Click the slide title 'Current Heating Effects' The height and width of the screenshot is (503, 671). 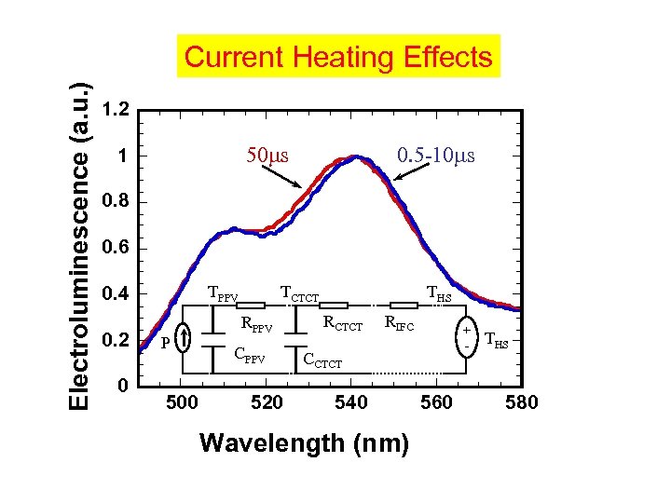pos(338,57)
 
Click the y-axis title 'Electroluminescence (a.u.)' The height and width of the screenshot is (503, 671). pos(81,244)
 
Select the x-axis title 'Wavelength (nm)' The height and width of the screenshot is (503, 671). pos(304,443)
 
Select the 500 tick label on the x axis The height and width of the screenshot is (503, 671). pos(181,401)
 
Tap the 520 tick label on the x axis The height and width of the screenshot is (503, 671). pos(267,401)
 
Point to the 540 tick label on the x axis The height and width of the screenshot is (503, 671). pos(352,401)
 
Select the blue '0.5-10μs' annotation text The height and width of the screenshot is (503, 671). pos(435,154)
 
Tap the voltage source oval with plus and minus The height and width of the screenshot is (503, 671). pos(464,336)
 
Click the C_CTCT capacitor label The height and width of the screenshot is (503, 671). pos(322,360)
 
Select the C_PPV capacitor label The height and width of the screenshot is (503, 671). pos(249,354)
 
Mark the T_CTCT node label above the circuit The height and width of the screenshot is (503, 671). pos(299,296)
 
